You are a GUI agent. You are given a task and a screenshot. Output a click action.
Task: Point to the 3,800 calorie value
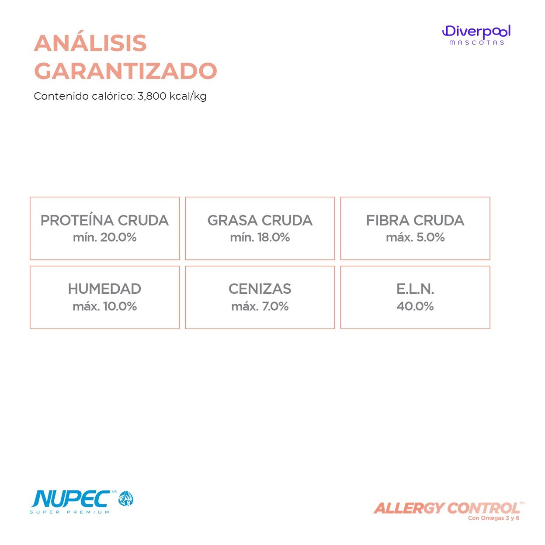pyautogui.click(x=152, y=96)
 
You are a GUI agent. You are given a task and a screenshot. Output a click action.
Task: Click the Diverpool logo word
pyautogui.click(x=476, y=31)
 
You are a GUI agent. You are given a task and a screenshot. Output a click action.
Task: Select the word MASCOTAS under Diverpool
pyautogui.click(x=476, y=43)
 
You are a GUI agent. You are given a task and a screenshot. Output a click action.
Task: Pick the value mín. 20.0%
pyautogui.click(x=104, y=237)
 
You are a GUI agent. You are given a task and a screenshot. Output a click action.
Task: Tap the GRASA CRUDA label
pyautogui.click(x=260, y=220)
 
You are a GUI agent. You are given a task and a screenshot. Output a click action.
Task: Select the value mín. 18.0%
pyautogui.click(x=260, y=237)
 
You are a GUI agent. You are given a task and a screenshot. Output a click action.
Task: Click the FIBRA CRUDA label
pyautogui.click(x=415, y=220)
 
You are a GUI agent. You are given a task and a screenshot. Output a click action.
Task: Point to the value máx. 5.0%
pyautogui.click(x=415, y=237)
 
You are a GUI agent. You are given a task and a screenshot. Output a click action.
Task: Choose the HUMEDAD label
pyautogui.click(x=104, y=289)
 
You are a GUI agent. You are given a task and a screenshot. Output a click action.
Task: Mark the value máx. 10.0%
pyautogui.click(x=104, y=306)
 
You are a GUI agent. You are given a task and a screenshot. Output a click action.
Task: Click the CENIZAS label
pyautogui.click(x=260, y=289)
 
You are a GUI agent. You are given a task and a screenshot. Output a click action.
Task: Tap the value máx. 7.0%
pyautogui.click(x=260, y=306)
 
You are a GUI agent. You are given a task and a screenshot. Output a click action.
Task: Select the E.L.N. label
pyautogui.click(x=415, y=289)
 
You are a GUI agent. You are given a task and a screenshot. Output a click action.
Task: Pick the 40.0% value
pyautogui.click(x=415, y=306)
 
